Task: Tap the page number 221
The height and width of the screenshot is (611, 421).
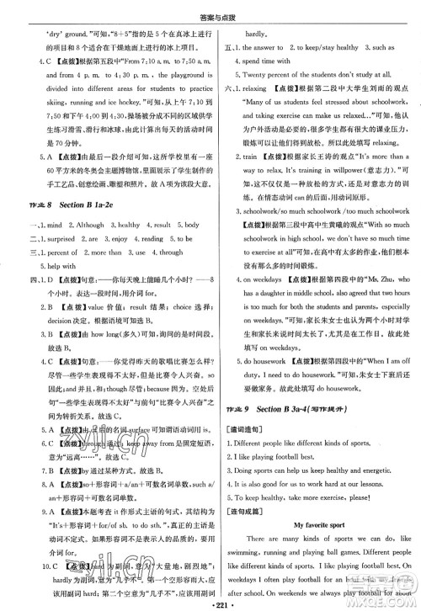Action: (210, 603)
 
